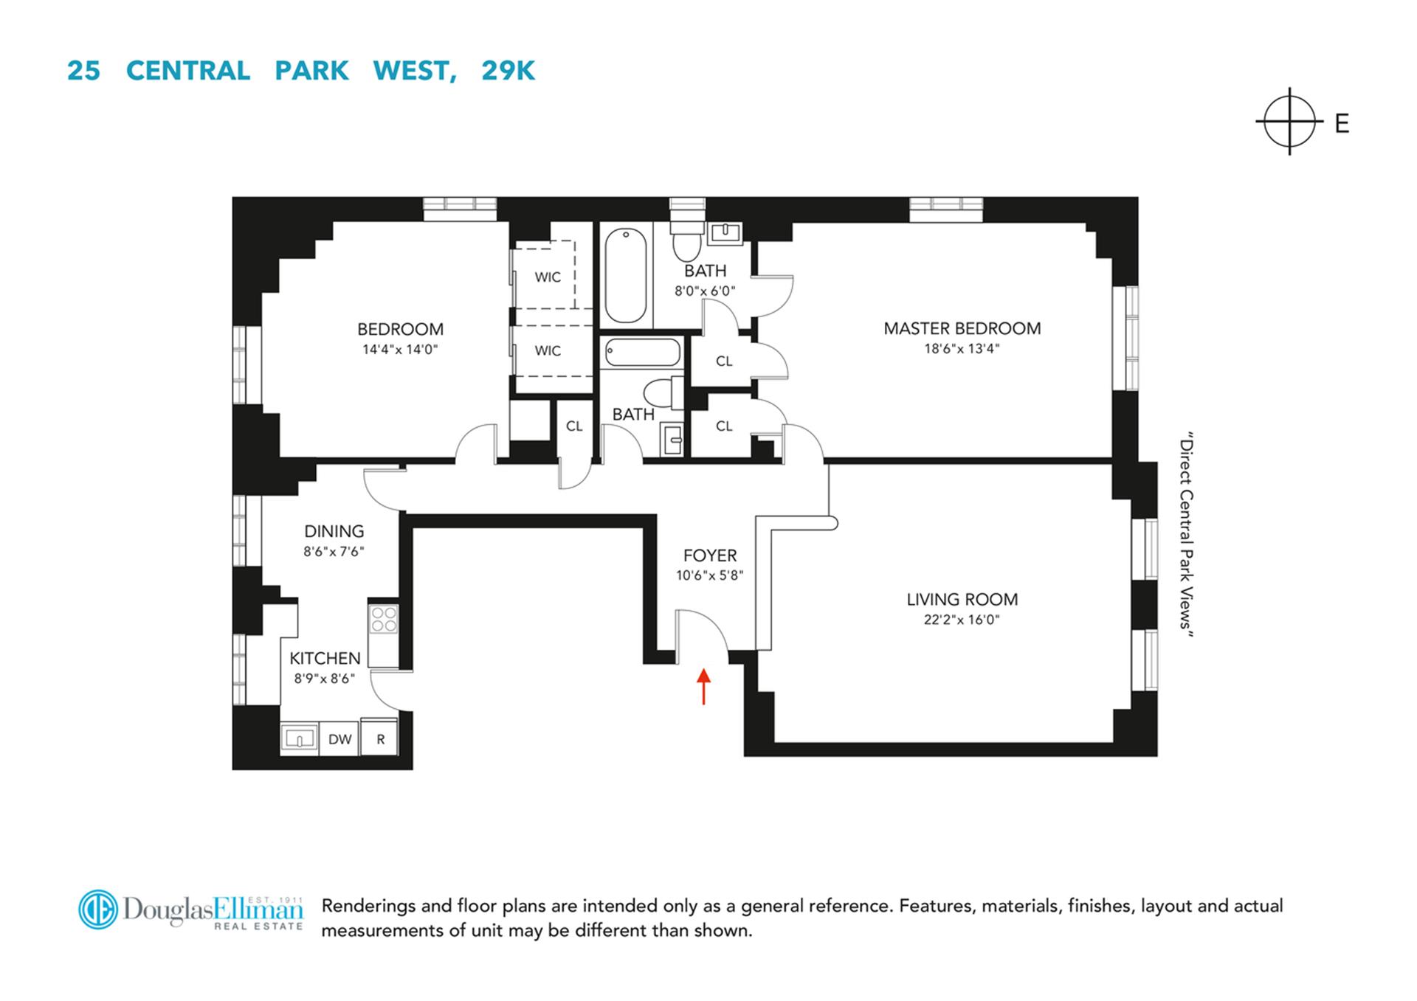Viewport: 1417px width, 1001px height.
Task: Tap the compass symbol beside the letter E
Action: point(1289,122)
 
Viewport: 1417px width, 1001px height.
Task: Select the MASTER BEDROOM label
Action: point(962,328)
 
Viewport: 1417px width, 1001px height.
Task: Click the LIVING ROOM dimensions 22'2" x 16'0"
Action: point(961,620)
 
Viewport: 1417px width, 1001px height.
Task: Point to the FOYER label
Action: point(709,555)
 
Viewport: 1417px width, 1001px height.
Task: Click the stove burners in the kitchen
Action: point(384,619)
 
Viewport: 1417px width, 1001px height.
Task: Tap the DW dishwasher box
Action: point(339,739)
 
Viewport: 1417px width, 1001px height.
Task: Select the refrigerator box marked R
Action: point(380,739)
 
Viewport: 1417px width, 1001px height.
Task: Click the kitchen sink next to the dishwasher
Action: point(299,738)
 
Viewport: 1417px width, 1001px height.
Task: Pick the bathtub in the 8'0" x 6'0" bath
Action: point(625,274)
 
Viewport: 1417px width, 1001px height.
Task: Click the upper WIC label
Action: point(548,277)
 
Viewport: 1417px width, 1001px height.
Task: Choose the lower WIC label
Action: point(548,351)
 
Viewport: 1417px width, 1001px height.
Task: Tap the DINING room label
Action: point(334,531)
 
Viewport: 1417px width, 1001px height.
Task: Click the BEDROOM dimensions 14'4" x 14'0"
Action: point(400,350)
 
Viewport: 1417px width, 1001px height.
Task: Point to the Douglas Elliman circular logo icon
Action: point(97,910)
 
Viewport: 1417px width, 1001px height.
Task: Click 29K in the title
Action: point(508,71)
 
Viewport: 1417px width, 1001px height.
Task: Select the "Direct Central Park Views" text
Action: point(1186,535)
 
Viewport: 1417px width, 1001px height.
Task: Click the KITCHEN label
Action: point(325,658)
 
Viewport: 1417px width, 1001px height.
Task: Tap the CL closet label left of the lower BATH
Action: point(574,426)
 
